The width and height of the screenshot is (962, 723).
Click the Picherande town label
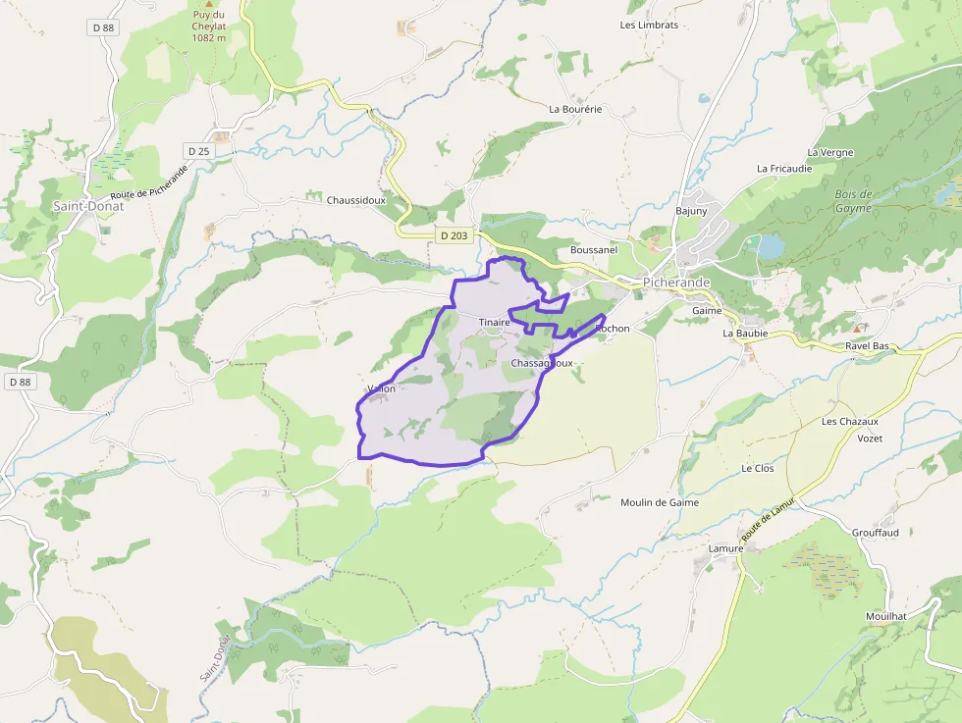[x=676, y=283]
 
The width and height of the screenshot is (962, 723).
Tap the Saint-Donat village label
[x=89, y=207]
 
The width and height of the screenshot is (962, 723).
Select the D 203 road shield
[x=454, y=235]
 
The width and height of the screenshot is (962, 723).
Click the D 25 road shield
[x=198, y=151]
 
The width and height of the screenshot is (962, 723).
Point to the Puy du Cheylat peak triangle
[x=208, y=4]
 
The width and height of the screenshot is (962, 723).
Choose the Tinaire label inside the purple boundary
[x=495, y=322]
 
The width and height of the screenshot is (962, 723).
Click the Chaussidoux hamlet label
[x=357, y=199]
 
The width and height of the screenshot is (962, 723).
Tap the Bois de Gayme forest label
[x=853, y=201]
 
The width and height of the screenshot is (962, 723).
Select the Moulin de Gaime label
[x=660, y=502]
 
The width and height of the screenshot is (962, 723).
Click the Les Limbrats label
[x=649, y=25]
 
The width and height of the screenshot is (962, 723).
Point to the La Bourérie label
[x=575, y=109]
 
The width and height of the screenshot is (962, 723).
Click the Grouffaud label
[x=876, y=533]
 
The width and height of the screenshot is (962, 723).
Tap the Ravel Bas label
[x=867, y=346]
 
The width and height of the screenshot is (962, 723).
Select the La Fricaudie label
[x=784, y=168]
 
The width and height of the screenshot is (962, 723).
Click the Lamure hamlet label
[x=725, y=548]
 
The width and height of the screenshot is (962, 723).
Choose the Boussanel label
[x=594, y=250]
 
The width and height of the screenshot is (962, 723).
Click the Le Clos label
[x=758, y=468]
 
